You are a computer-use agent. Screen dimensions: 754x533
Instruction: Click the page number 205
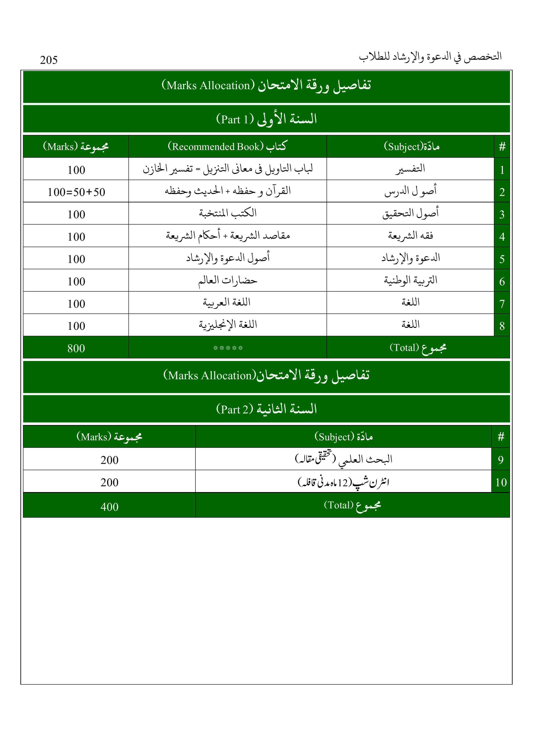click(49, 60)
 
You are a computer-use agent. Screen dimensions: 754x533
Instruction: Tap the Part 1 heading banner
click(266, 119)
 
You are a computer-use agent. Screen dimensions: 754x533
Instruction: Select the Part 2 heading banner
click(266, 409)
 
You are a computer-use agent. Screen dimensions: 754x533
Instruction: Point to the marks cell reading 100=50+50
click(76, 192)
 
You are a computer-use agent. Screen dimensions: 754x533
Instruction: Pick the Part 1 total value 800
click(76, 348)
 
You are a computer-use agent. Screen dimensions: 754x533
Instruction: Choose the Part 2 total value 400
click(109, 507)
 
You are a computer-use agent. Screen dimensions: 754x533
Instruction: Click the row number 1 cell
click(502, 170)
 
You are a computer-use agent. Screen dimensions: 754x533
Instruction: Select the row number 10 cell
click(501, 482)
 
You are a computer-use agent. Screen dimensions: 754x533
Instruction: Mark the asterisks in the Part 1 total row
click(228, 348)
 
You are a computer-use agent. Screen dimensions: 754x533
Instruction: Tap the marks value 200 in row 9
click(109, 460)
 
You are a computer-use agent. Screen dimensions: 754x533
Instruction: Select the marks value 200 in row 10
click(109, 482)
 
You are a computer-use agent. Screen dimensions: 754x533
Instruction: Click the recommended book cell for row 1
click(228, 169)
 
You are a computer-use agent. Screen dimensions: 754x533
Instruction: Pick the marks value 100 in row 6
click(76, 281)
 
